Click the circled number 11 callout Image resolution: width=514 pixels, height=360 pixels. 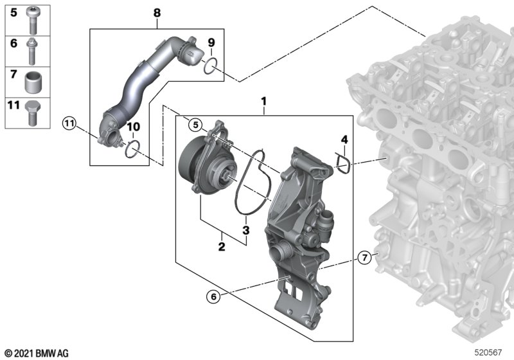click(69, 123)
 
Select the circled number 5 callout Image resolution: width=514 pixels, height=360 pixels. click(195, 125)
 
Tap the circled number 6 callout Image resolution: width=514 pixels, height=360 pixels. click(213, 297)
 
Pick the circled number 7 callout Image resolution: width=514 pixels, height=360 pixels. click(364, 258)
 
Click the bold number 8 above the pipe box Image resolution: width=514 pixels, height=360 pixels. click(157, 13)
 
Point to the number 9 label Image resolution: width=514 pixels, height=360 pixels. click(211, 42)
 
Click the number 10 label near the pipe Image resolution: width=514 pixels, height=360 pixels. click(133, 127)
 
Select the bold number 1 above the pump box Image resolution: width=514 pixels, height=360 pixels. click(263, 102)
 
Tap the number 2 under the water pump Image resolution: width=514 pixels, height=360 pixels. click(222, 247)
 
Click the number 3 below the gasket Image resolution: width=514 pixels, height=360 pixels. click(246, 230)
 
